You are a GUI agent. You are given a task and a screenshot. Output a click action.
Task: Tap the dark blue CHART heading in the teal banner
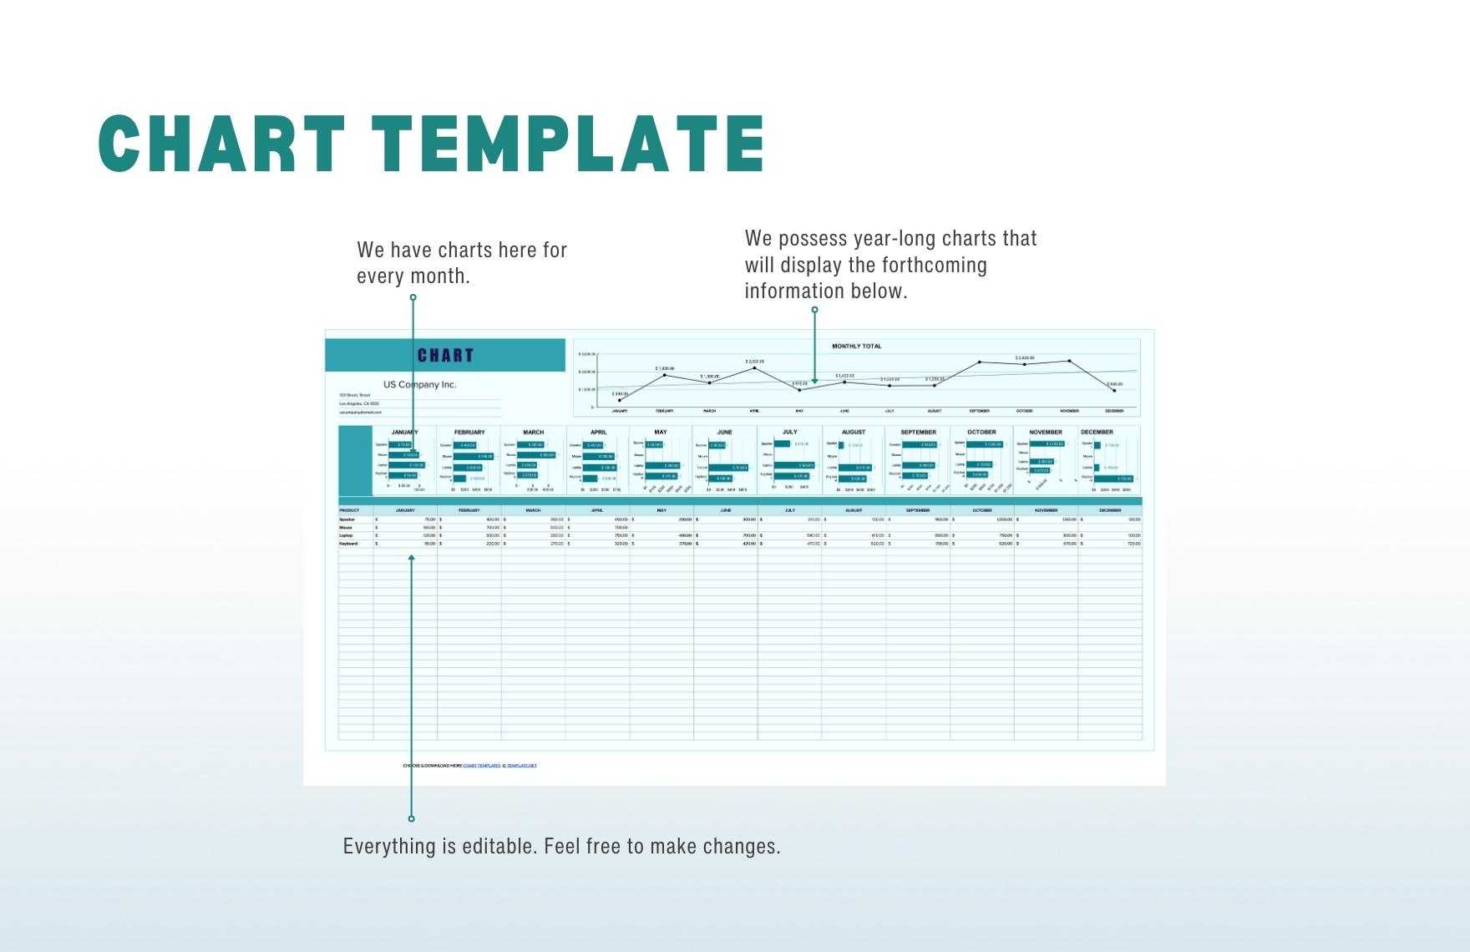(445, 356)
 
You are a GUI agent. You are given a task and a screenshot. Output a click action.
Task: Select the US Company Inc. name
(419, 385)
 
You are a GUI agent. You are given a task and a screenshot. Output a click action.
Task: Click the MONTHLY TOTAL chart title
(856, 346)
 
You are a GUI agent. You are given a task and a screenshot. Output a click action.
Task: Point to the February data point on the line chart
(665, 375)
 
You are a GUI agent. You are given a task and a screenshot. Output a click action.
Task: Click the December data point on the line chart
(1114, 390)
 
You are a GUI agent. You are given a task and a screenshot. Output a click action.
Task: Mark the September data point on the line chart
(980, 362)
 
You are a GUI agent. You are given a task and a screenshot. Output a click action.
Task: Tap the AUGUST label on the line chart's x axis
(934, 411)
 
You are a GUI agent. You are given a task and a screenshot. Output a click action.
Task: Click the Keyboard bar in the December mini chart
(1113, 479)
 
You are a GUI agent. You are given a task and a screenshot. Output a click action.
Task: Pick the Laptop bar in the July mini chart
(794, 465)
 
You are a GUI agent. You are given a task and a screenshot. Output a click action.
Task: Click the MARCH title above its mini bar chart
(533, 432)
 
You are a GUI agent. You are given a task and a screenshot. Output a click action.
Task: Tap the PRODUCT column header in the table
(349, 510)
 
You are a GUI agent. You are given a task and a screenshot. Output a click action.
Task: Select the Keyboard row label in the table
(348, 544)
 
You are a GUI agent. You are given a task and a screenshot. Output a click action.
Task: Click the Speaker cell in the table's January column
(405, 519)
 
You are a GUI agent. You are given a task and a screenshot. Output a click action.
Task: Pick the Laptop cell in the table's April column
(597, 535)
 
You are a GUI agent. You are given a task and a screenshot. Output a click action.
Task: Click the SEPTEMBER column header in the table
(917, 510)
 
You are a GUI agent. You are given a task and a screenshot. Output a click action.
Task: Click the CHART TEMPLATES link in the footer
(481, 765)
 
